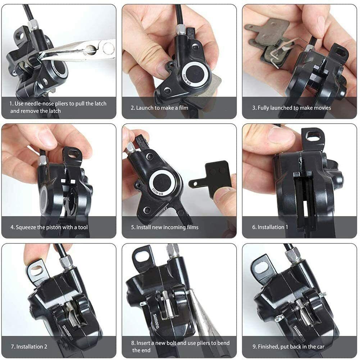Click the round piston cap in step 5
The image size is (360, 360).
pyautogui.click(x=162, y=183)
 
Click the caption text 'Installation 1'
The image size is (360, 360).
pyautogui.click(x=273, y=227)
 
